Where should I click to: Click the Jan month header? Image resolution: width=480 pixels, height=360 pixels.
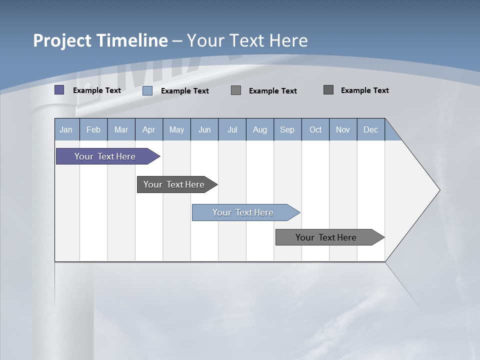coord(66,129)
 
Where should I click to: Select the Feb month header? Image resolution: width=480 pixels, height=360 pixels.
coord(93,129)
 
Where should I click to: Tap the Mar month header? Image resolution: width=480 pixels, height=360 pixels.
coord(121,129)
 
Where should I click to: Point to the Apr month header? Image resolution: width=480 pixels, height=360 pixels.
coord(148,129)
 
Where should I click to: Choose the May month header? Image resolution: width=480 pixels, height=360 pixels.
coord(176,129)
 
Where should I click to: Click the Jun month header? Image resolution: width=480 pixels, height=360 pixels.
coord(204,129)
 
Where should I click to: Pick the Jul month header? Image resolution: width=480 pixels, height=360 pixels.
coord(232,129)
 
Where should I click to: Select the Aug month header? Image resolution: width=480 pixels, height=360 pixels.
coord(260,129)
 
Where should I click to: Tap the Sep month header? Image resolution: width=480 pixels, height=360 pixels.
coord(287,129)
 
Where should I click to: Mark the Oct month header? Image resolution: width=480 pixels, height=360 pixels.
coord(315,129)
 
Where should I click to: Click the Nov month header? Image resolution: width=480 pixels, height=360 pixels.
coord(343,129)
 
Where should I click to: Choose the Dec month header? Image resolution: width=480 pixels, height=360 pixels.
coord(371,129)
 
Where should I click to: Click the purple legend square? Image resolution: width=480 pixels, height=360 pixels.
coord(59,90)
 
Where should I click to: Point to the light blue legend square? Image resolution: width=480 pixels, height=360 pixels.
coord(147,90)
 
